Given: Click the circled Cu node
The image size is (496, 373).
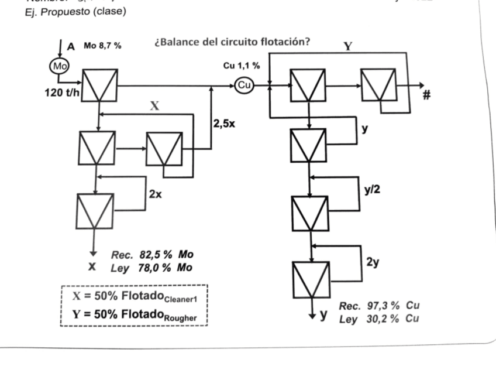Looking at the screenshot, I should tap(244, 85).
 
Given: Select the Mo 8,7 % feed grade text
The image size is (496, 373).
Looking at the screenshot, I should tap(102, 46).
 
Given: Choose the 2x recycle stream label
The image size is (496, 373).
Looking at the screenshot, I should tap(156, 194).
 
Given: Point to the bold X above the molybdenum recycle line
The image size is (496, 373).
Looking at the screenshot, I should tap(155, 105).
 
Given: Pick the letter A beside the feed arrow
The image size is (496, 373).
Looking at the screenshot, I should tap(71, 46).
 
